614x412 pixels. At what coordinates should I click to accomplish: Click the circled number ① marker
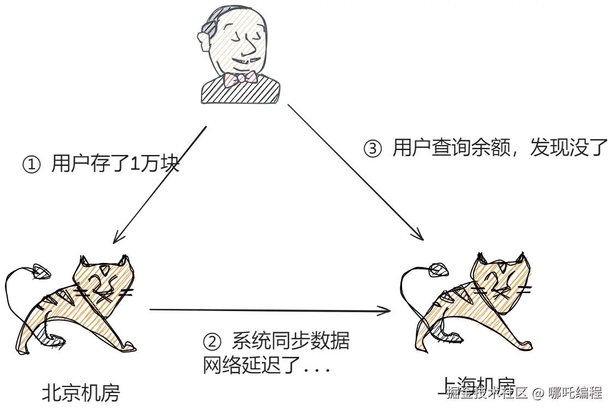(x=31, y=164)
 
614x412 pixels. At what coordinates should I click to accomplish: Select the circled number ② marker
(x=212, y=342)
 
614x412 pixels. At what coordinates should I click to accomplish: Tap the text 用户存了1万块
(x=115, y=164)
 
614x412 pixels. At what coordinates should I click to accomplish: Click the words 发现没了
(x=568, y=149)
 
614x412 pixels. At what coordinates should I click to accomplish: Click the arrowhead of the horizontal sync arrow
(x=386, y=312)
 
